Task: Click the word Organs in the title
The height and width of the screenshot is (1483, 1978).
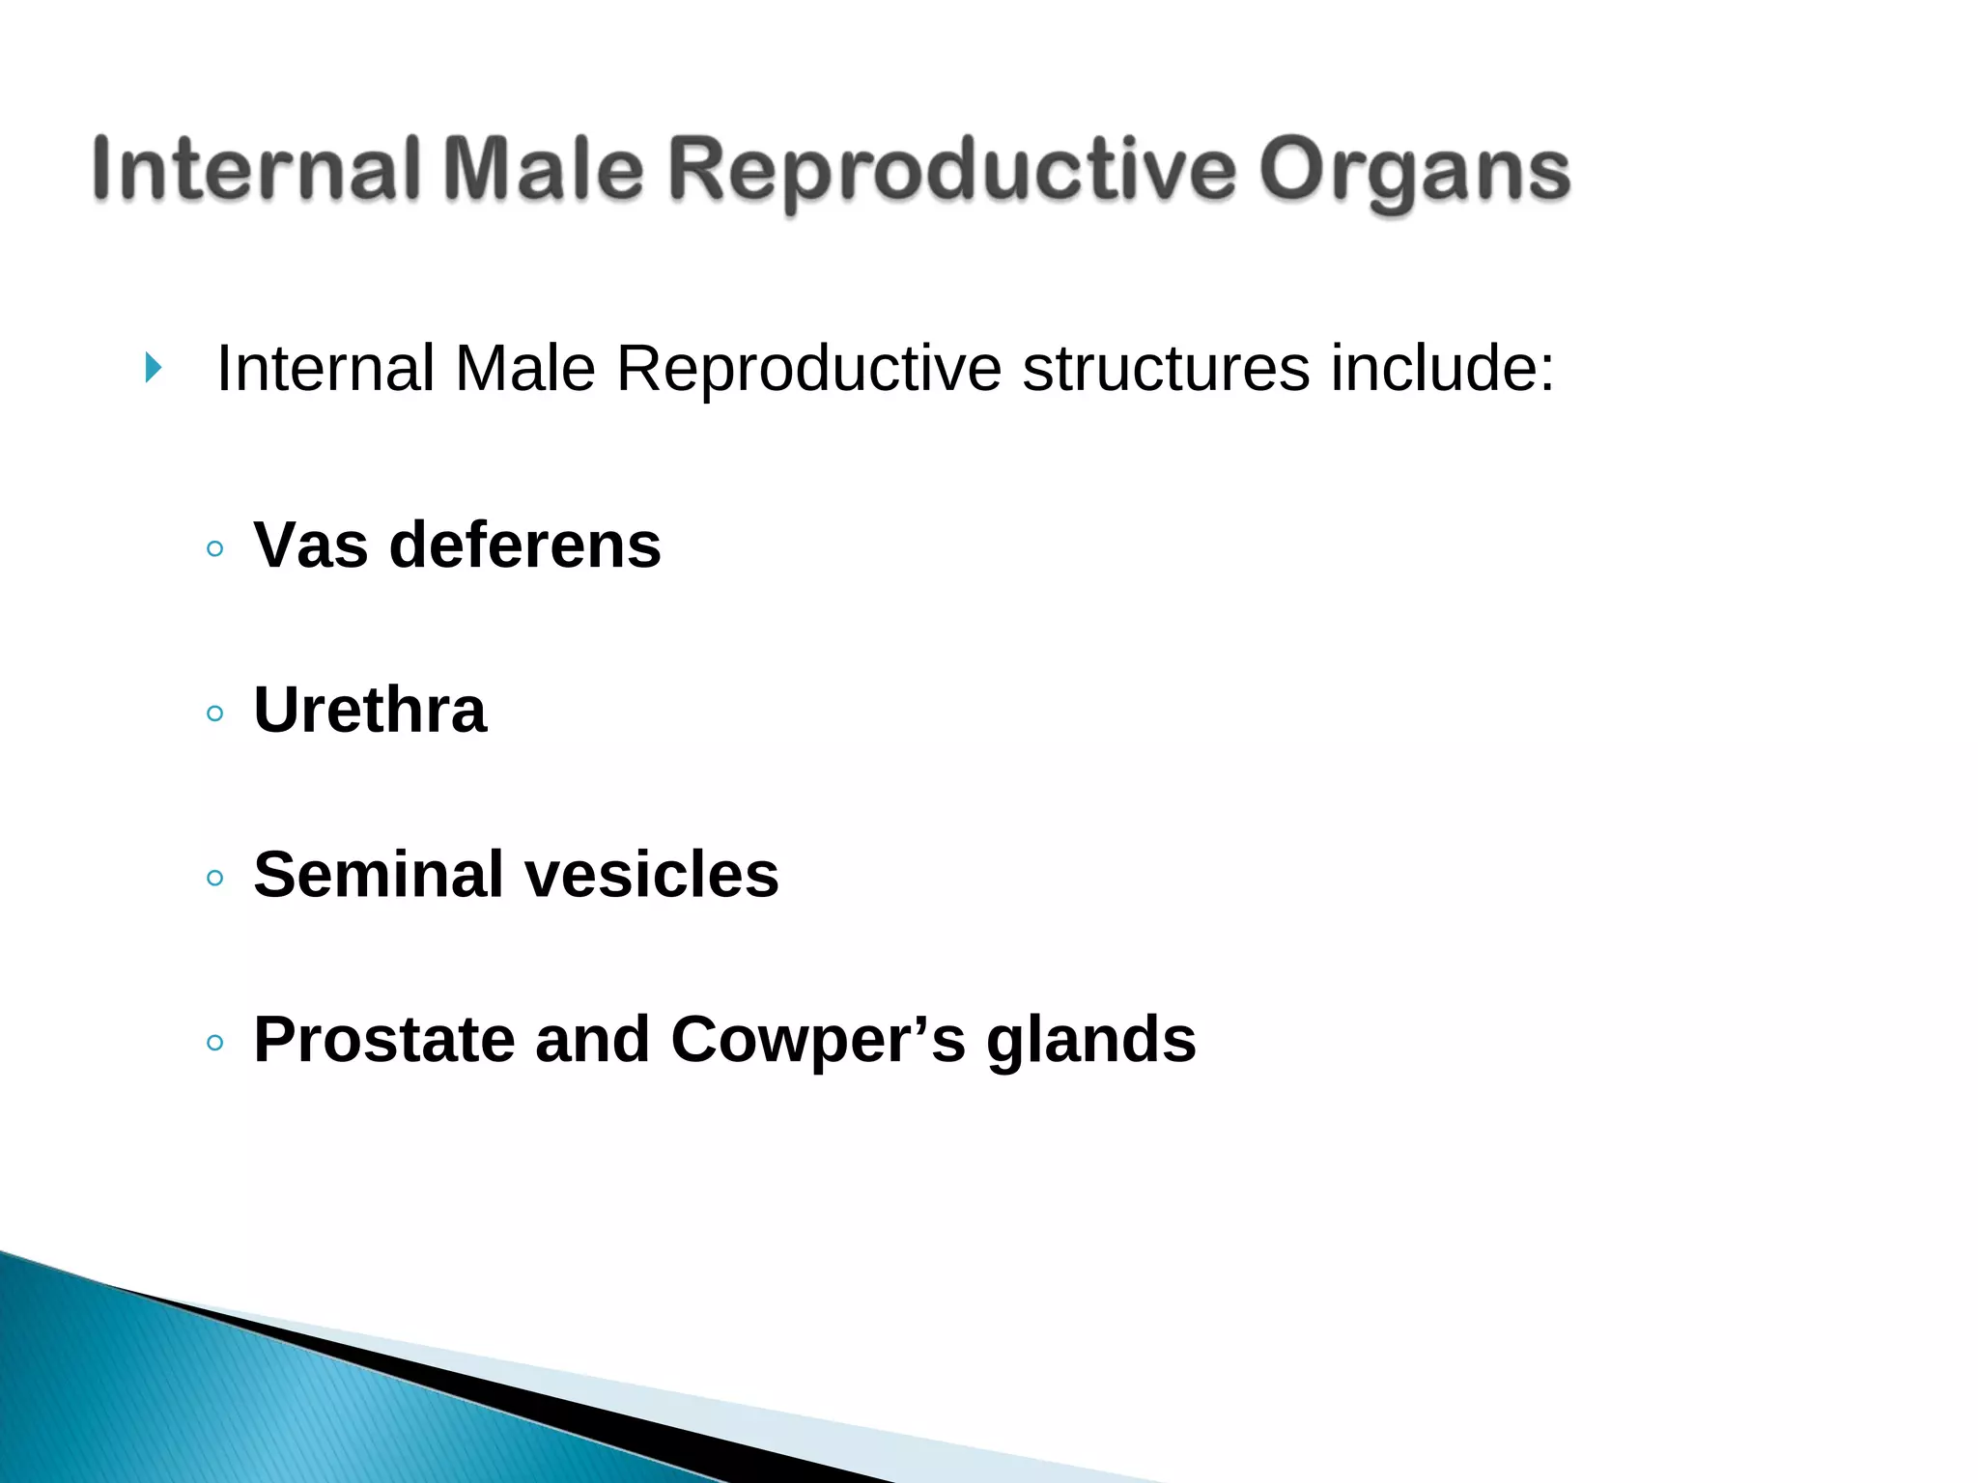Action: pos(1415,172)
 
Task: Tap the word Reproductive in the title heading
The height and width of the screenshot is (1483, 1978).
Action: pos(951,172)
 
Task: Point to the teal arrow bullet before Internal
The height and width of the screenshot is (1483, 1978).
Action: pos(153,368)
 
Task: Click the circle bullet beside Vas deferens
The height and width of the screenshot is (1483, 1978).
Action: pos(215,549)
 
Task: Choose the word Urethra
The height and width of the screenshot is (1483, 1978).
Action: pos(370,710)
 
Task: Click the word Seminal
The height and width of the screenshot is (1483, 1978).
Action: pos(379,875)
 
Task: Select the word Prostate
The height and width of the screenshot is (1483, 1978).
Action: pos(384,1040)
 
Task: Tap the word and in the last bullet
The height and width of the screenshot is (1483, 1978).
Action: pos(592,1040)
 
